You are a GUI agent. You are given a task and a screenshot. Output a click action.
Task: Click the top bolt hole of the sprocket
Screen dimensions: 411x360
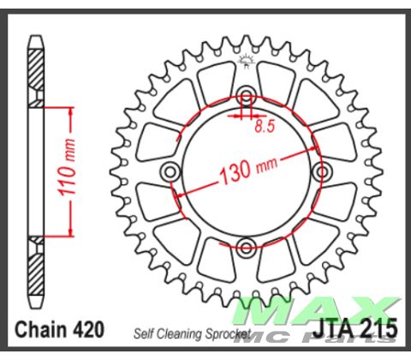point(246,95)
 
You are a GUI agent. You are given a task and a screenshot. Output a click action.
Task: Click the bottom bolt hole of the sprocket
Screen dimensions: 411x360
point(246,246)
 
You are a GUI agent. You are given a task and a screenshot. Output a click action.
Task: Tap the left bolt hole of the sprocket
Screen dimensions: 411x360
point(170,172)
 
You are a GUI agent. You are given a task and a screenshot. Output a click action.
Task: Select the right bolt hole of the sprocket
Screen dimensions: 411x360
point(323,171)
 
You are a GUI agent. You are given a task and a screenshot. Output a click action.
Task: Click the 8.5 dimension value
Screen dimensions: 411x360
point(265,126)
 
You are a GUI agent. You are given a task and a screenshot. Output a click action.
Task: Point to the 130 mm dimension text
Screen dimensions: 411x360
point(247,171)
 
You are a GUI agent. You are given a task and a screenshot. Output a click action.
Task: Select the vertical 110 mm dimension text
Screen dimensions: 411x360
point(68,168)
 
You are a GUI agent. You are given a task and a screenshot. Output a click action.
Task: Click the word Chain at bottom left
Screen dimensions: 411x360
point(41,330)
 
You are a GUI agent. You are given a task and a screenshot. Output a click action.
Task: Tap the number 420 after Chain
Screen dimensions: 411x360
point(88,330)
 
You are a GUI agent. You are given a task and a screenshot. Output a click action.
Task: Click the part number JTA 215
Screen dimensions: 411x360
point(355,327)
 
